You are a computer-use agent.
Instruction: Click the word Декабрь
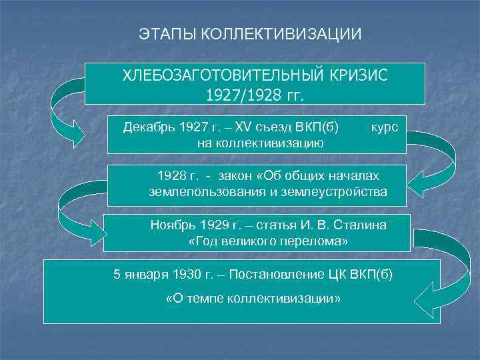click(150, 127)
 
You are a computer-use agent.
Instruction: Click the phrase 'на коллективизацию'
click(261, 143)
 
